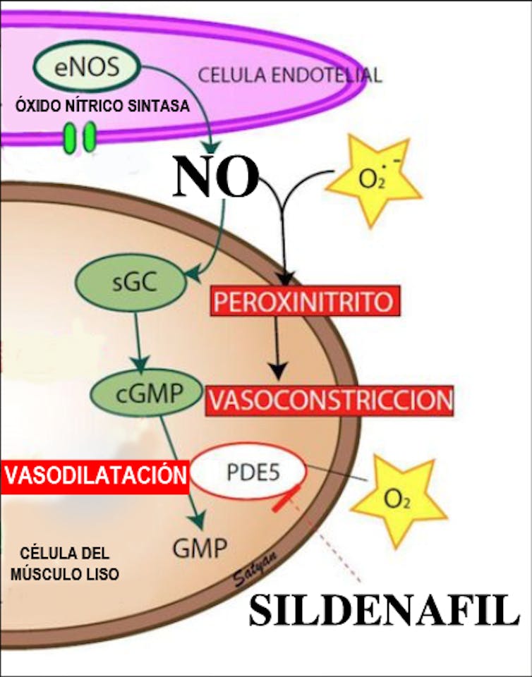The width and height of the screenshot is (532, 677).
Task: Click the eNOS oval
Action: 87,67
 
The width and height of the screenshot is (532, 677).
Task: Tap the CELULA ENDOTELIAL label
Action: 290,75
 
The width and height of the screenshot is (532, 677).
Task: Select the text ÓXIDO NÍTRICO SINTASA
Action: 102,106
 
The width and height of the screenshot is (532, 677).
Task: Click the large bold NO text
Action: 216,176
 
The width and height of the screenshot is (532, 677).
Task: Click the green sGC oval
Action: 131,283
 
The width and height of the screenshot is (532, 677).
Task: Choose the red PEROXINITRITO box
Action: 305,301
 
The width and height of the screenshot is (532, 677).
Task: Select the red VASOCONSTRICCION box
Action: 330,401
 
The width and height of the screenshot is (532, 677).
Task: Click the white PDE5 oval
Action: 249,472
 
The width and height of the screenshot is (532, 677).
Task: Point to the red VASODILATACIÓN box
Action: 95,476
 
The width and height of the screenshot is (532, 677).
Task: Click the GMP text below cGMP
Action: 200,549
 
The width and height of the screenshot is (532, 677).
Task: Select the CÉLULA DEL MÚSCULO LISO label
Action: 65,563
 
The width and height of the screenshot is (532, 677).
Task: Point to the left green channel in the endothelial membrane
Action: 69,138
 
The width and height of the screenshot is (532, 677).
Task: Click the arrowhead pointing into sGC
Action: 194,274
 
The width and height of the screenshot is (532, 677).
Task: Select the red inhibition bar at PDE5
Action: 286,499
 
